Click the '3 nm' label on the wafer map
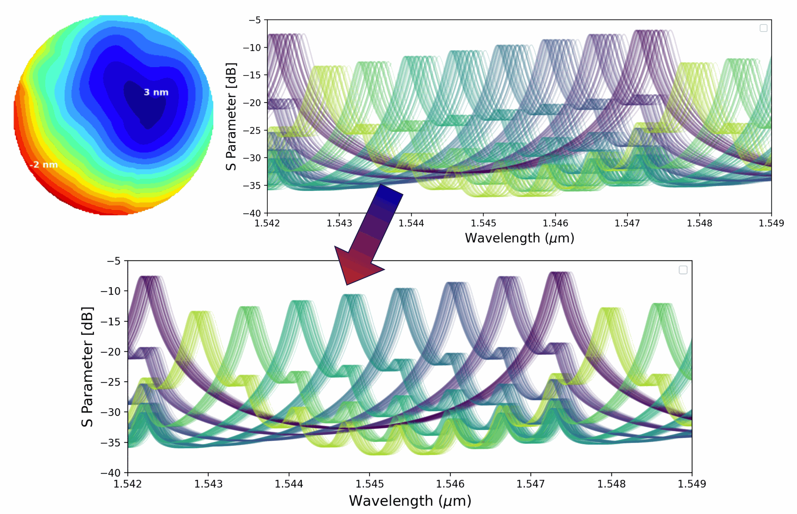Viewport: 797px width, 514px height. click(x=156, y=92)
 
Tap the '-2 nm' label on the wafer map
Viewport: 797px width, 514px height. click(x=44, y=165)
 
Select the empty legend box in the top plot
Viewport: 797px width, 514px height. click(x=763, y=28)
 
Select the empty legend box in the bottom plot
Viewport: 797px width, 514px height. click(x=683, y=270)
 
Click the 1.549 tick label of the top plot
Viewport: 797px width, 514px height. click(x=771, y=223)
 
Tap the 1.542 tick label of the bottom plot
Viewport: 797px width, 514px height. click(x=127, y=484)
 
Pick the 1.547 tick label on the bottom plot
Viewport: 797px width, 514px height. click(x=531, y=484)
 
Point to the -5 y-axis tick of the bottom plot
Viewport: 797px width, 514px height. click(x=113, y=261)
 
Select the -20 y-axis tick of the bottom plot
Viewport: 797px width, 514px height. click(x=110, y=352)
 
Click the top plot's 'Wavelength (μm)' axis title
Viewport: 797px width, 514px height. click(x=519, y=238)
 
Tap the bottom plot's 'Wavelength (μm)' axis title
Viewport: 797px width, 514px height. click(x=410, y=501)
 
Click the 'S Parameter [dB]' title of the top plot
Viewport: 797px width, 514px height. click(x=231, y=117)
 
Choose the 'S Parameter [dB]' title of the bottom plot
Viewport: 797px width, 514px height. click(x=87, y=367)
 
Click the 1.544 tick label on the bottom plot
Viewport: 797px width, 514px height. click(x=288, y=484)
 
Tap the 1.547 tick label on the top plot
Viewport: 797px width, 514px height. click(x=627, y=223)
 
